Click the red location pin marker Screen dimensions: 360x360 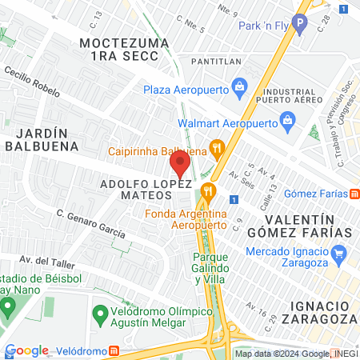[x=179, y=166]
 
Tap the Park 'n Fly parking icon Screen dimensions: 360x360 [x=300, y=25]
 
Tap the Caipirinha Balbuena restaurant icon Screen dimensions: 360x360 [x=216, y=147]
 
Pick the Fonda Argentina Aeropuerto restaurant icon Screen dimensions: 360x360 [x=209, y=190]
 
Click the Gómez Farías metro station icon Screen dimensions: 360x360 [x=355, y=193]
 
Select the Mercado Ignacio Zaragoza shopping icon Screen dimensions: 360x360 [x=339, y=255]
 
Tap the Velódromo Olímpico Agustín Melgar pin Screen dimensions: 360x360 [x=101, y=312]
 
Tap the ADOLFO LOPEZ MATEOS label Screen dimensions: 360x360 [x=146, y=190]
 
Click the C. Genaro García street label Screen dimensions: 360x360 [x=90, y=223]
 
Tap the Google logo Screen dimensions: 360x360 [x=27, y=350]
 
